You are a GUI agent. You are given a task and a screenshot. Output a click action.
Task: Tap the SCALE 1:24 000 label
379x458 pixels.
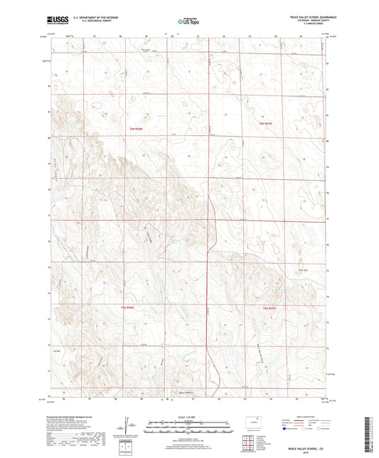188,416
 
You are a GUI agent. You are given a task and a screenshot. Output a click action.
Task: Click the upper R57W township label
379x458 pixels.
265,126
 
